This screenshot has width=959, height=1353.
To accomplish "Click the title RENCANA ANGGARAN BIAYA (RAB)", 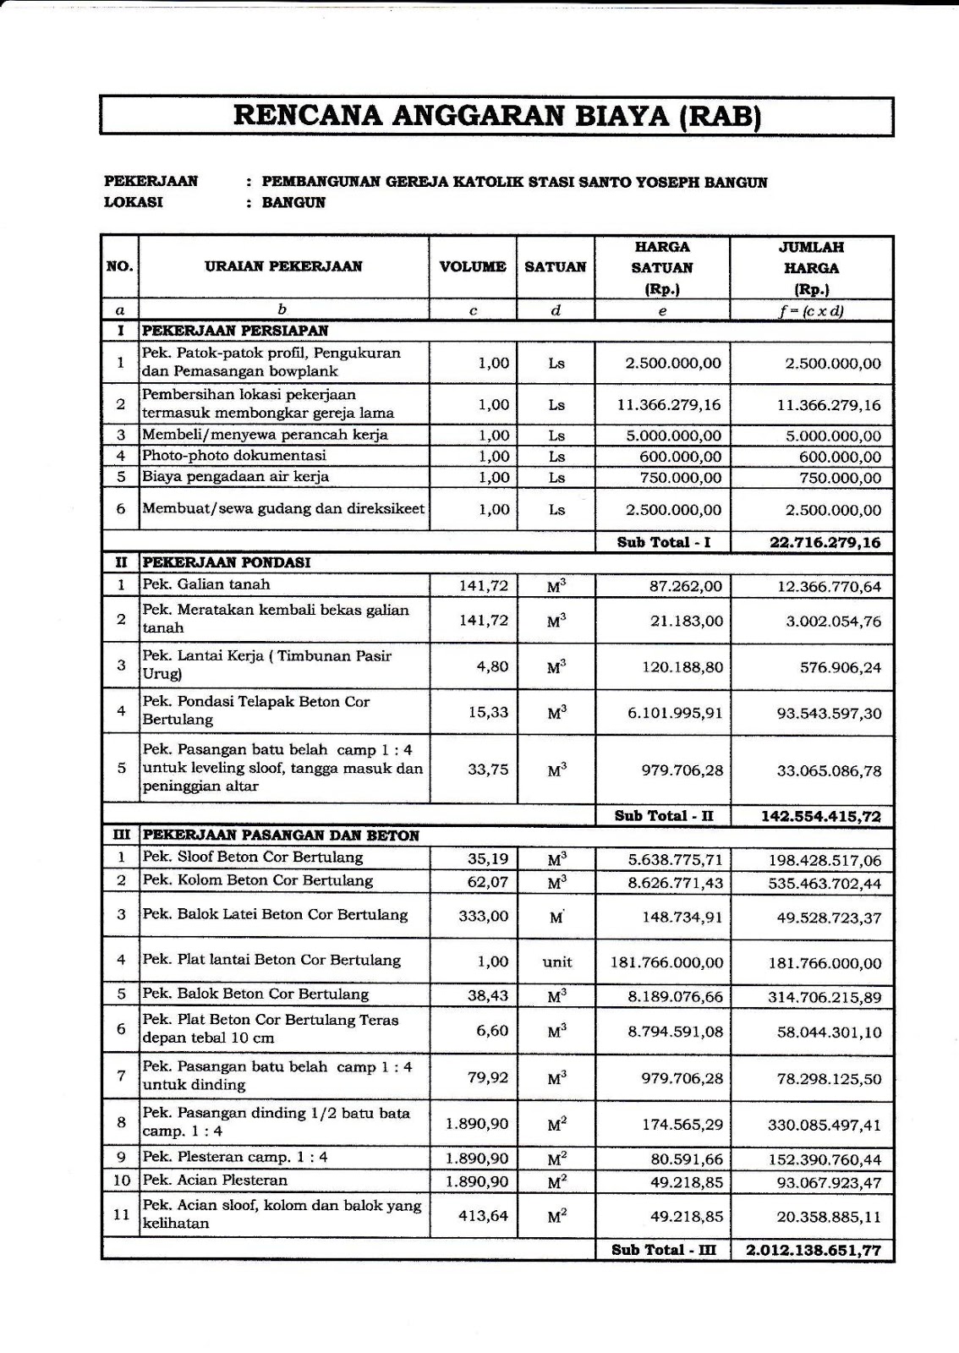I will click(x=497, y=116).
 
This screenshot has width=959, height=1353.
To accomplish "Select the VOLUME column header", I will click(x=473, y=267).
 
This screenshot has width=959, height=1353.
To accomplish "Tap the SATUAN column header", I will click(x=556, y=267).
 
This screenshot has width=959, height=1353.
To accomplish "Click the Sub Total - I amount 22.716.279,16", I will click(x=825, y=543).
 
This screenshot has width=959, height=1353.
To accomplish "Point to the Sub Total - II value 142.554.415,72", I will click(x=819, y=816).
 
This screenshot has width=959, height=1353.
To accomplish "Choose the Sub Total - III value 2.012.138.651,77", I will click(x=808, y=1251).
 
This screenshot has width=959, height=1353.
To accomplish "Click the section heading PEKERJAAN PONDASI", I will click(x=226, y=562).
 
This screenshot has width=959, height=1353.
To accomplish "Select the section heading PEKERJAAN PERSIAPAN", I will click(x=235, y=331).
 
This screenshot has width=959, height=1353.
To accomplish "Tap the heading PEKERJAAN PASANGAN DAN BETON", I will click(x=281, y=835).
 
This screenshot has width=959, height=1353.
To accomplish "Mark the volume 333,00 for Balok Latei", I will click(x=484, y=916).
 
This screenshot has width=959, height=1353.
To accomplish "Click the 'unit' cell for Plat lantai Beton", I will click(x=557, y=961).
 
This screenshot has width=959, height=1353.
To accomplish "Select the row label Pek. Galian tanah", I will click(x=206, y=584).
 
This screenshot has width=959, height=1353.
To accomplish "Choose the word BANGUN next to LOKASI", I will click(x=293, y=203).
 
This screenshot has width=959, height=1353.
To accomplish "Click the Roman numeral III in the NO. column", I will click(x=120, y=835).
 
